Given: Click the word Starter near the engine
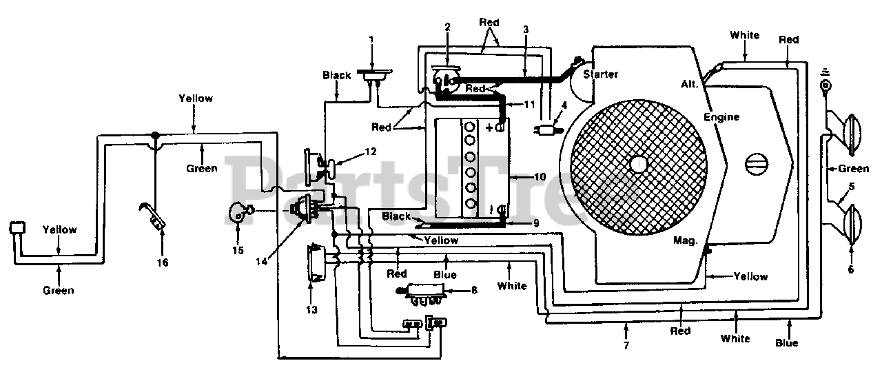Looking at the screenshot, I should click(x=600, y=74).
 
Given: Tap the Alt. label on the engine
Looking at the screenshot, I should click(x=690, y=84).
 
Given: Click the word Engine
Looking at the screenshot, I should click(x=721, y=117).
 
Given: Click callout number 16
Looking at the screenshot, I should click(x=163, y=262).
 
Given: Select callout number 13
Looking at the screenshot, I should click(x=312, y=310).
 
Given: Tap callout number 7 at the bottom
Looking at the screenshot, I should click(x=626, y=345).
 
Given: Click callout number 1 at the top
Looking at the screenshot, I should click(x=371, y=41).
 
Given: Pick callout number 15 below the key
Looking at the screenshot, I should click(x=238, y=250).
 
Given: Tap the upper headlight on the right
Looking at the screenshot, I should click(x=852, y=133).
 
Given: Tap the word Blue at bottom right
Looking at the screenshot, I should click(x=787, y=342).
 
